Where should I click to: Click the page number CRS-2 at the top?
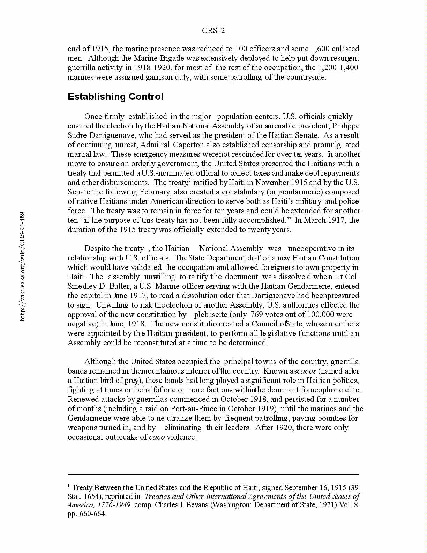pyautogui.click(x=213, y=31)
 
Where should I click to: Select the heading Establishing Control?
pyautogui.click(x=115, y=97)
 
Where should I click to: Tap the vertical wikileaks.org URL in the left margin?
pyautogui.click(x=22, y=266)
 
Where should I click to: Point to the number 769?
pyautogui.click(x=256, y=315)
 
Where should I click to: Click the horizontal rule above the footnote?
pyautogui.click(x=213, y=474)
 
